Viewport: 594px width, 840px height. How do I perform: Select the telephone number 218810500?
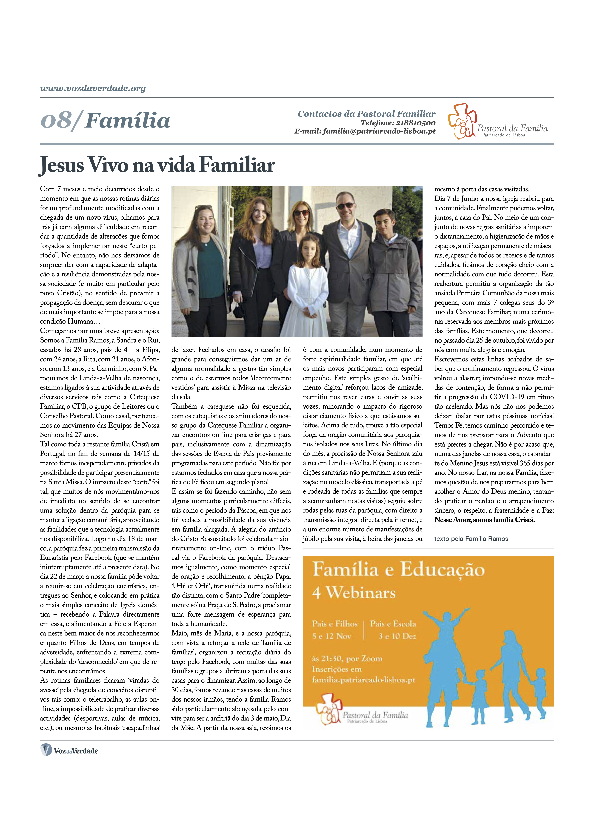pos(415,123)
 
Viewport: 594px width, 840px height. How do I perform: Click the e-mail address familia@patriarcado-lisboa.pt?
pos(379,131)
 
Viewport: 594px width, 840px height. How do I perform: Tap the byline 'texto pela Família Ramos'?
pos(471,539)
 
